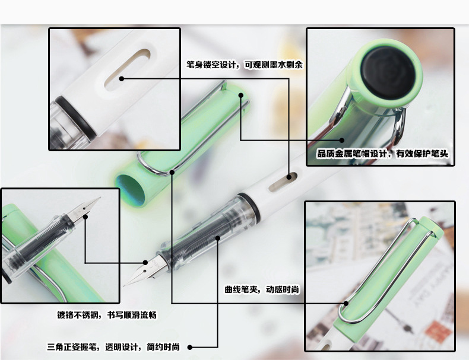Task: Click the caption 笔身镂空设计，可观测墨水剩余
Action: pos(245,65)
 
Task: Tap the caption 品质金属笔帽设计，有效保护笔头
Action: pos(382,154)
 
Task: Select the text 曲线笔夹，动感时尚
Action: pos(262,289)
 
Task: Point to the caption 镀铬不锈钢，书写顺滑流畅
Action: pos(107,315)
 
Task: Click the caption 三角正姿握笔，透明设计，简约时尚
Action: pos(113,347)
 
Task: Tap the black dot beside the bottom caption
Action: pos(189,347)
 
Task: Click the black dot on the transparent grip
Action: pos(218,238)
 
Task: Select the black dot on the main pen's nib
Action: pos(145,263)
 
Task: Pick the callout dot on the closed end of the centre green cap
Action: pos(241,95)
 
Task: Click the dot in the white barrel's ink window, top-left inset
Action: pos(122,78)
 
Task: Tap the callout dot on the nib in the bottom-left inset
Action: pos(85,216)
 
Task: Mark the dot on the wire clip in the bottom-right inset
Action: pos(346,303)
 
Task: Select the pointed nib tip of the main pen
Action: pos(124,286)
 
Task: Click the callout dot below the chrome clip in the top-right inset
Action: pos(342,140)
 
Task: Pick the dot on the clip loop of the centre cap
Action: pos(172,172)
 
